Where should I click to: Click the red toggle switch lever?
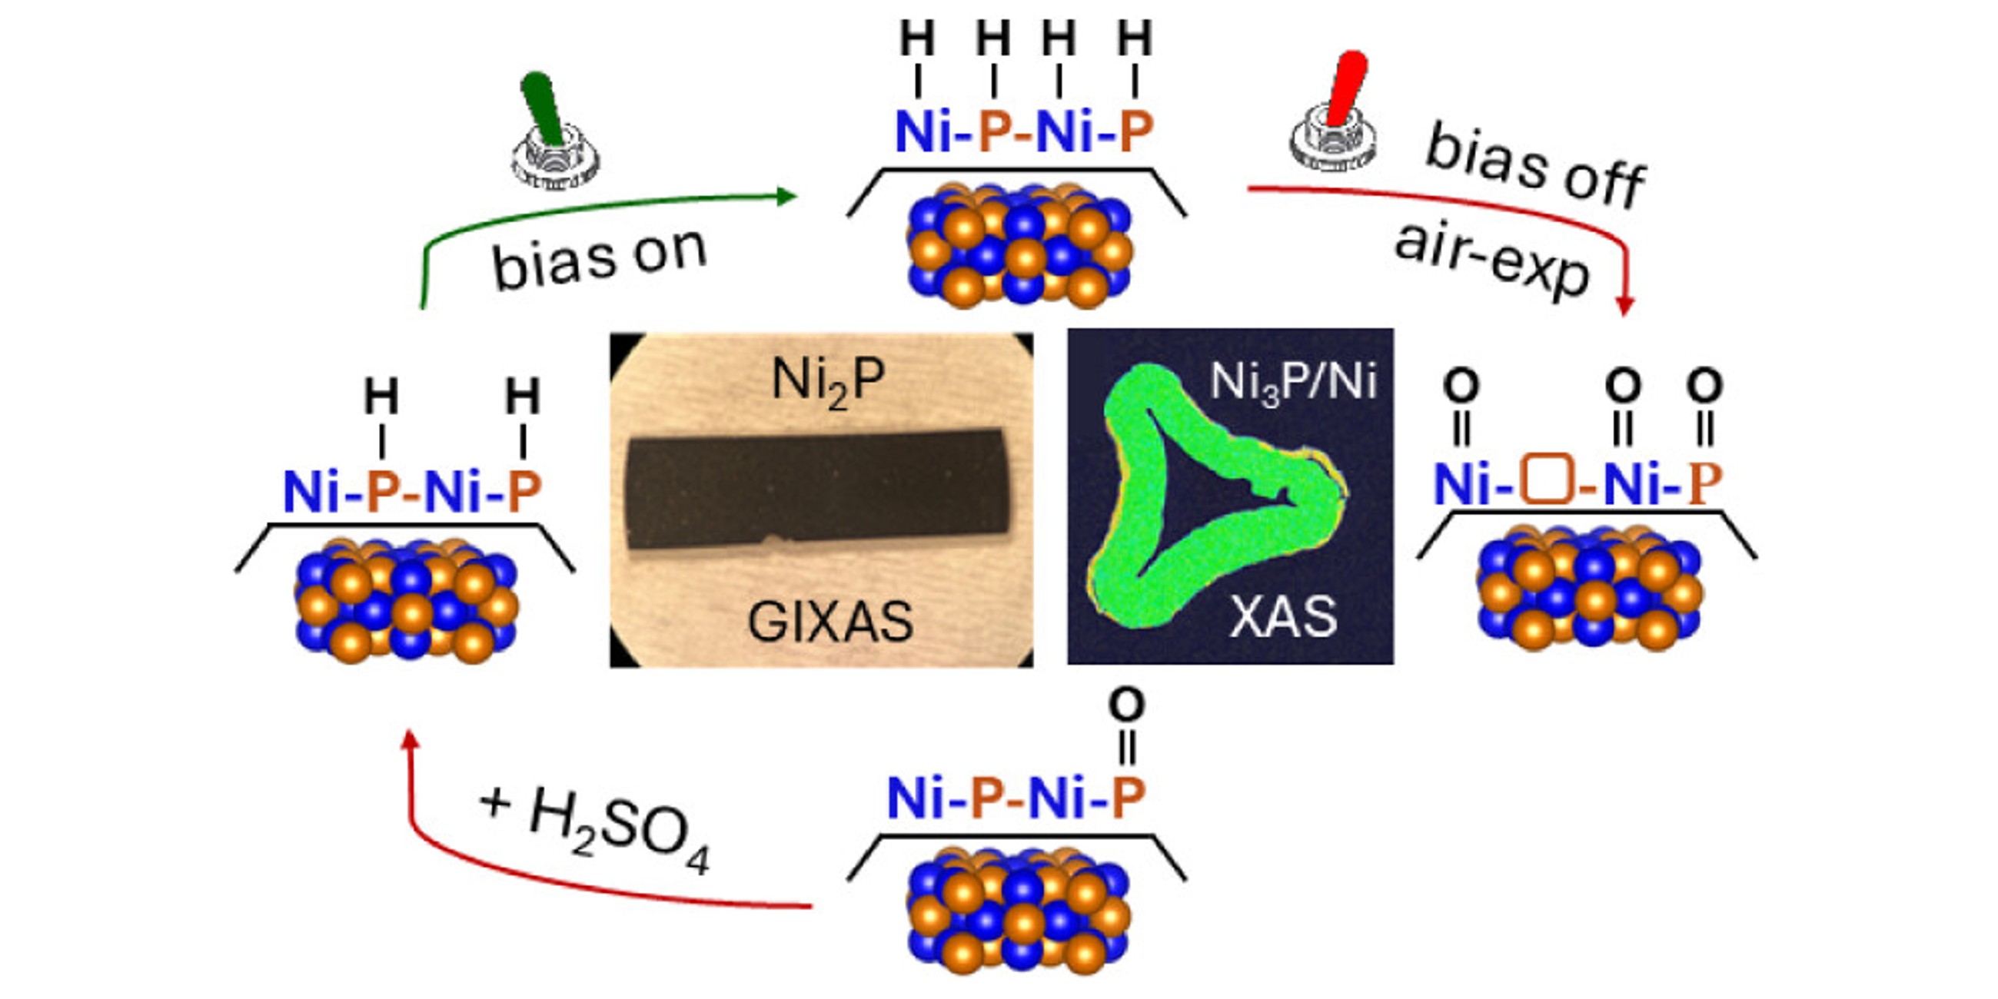click(x=1348, y=87)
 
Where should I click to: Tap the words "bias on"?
click(x=600, y=259)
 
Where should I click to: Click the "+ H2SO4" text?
click(x=596, y=828)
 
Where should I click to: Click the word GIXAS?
click(x=830, y=622)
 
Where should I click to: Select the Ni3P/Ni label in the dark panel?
click(x=1293, y=382)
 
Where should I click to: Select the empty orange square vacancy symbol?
click(x=1547, y=484)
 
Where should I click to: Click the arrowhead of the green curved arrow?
click(x=787, y=196)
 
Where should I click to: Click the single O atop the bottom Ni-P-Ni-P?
click(x=1127, y=705)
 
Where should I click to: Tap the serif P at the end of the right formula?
click(x=1705, y=485)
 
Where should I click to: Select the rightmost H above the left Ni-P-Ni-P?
click(x=523, y=397)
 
